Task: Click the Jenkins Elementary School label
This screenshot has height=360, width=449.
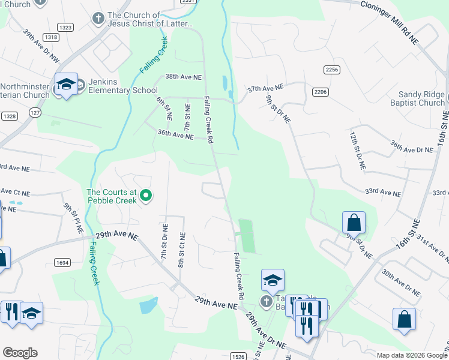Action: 119,86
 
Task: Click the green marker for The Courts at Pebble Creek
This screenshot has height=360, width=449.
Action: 145,196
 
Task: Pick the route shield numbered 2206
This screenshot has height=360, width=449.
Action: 320,91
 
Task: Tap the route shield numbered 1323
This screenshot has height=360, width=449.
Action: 65,28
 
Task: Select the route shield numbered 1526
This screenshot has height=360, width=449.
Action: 238,356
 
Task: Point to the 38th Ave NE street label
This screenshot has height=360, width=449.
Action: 184,77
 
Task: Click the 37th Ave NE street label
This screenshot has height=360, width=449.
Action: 265,87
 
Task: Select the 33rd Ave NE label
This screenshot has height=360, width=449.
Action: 382,193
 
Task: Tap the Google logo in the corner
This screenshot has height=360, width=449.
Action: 20,353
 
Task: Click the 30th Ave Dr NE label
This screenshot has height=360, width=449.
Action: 400,281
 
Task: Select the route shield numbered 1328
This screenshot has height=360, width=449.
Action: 9,116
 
